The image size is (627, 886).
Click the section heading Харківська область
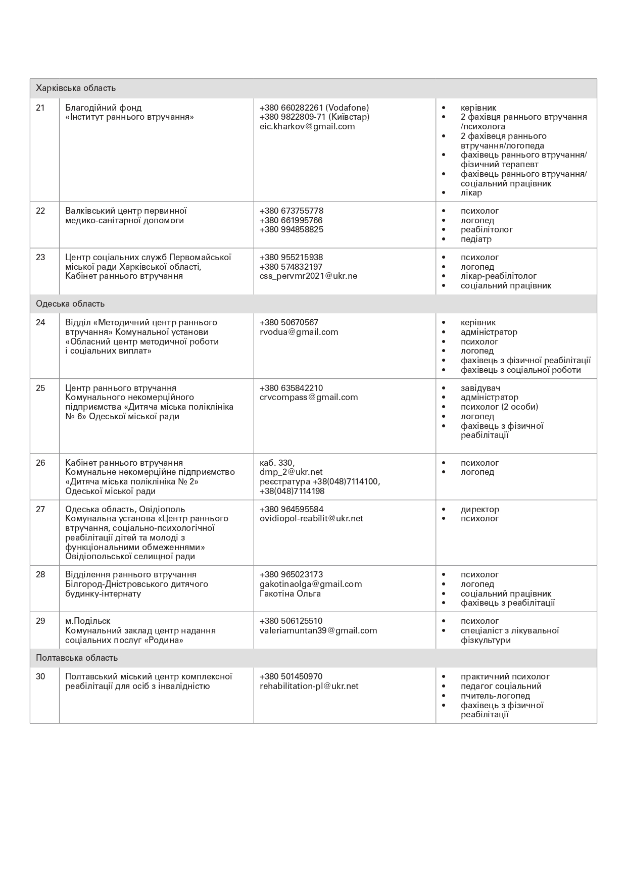pos(76,88)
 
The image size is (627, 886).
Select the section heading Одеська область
pos(70,304)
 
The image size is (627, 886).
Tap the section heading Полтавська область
pos(77,658)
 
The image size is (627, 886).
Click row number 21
pos(40,108)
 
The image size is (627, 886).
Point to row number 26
pos(40,463)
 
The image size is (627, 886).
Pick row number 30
pos(40,676)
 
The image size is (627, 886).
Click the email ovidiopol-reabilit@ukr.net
pos(311,518)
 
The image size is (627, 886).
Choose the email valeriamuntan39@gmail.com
pos(318,630)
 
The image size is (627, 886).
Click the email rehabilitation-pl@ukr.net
pos(309,686)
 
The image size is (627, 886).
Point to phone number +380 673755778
pos(292,211)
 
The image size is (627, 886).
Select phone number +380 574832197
pos(291,267)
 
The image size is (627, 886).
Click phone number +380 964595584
pos(292,509)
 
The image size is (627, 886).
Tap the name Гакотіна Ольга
pos(290,594)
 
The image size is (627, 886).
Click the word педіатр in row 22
pos(476,239)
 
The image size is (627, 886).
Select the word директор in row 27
pos(479,509)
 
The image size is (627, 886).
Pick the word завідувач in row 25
pos(480,388)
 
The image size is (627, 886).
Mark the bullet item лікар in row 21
pos(471,192)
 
